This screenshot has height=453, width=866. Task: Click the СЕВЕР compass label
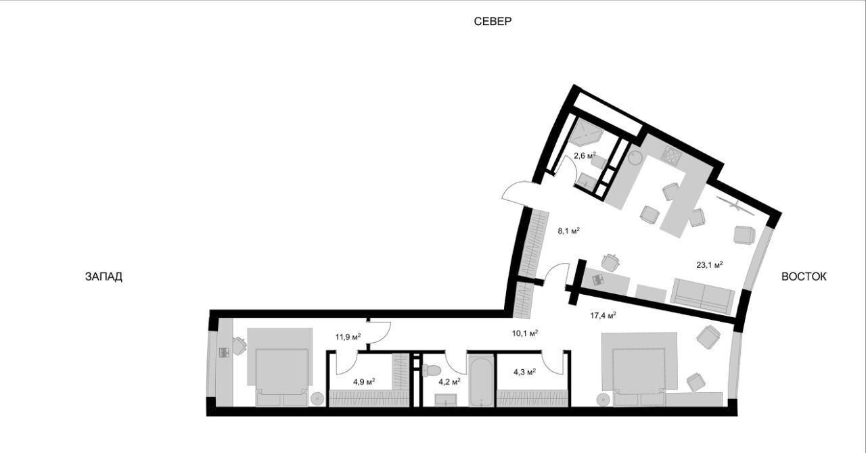pos(493,21)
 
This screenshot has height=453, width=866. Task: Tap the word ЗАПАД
pos(104,277)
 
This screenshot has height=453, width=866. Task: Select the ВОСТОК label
pos(804,277)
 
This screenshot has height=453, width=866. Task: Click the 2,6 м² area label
pos(585,156)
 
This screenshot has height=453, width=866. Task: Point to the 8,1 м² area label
pos(568,231)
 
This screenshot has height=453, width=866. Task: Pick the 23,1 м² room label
pos(710,265)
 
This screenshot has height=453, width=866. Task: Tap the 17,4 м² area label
pos(603,315)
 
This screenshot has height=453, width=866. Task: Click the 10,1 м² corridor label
pos(525,333)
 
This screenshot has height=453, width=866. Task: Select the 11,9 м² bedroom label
pos(348,337)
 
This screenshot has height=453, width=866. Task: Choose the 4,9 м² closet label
pos(364,382)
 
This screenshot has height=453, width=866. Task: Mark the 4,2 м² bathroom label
pos(449,382)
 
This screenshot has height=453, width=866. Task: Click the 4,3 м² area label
pos(524,373)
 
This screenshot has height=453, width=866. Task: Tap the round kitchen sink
pos(635,158)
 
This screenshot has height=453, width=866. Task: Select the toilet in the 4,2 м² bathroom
pos(431,371)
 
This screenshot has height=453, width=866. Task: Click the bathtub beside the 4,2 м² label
pos(481,381)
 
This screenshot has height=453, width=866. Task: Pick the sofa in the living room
pos(702,295)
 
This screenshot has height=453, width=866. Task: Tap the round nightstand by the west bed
pos(318,399)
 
